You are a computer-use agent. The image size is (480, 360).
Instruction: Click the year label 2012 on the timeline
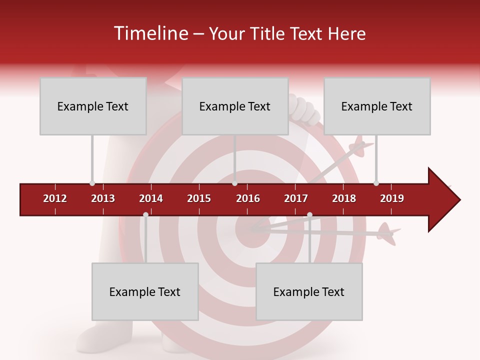(55, 198)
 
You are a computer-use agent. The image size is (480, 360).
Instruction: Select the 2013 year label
(103, 198)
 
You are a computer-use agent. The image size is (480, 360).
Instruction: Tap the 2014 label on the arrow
(151, 198)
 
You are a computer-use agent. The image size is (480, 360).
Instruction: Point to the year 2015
(199, 198)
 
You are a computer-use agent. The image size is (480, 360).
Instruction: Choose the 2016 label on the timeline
(248, 198)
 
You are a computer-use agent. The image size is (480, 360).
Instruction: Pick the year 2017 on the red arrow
(296, 198)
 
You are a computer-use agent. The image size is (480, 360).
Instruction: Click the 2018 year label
(344, 198)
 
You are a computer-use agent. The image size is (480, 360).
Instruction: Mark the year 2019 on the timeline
(392, 198)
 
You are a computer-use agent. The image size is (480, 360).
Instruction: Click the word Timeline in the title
(150, 33)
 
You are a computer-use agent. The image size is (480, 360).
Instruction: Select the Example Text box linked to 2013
(93, 106)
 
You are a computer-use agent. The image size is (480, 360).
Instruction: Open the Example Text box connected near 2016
(235, 106)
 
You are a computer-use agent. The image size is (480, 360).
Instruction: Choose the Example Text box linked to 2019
(377, 106)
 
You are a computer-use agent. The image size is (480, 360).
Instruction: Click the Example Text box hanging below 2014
(145, 291)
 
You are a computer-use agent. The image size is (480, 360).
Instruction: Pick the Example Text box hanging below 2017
(309, 291)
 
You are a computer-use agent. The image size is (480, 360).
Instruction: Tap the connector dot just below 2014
(145, 214)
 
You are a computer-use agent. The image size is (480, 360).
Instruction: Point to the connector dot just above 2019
(376, 183)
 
